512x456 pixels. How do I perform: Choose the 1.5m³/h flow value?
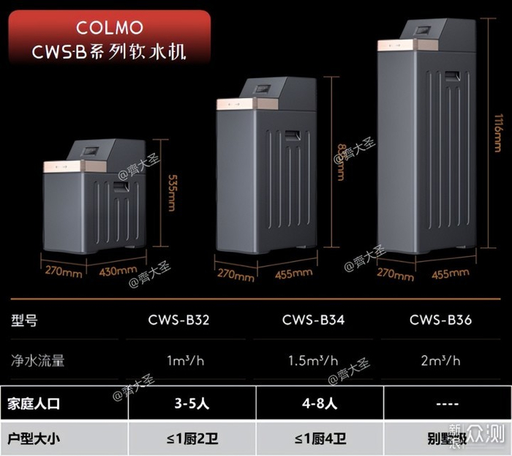312,360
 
